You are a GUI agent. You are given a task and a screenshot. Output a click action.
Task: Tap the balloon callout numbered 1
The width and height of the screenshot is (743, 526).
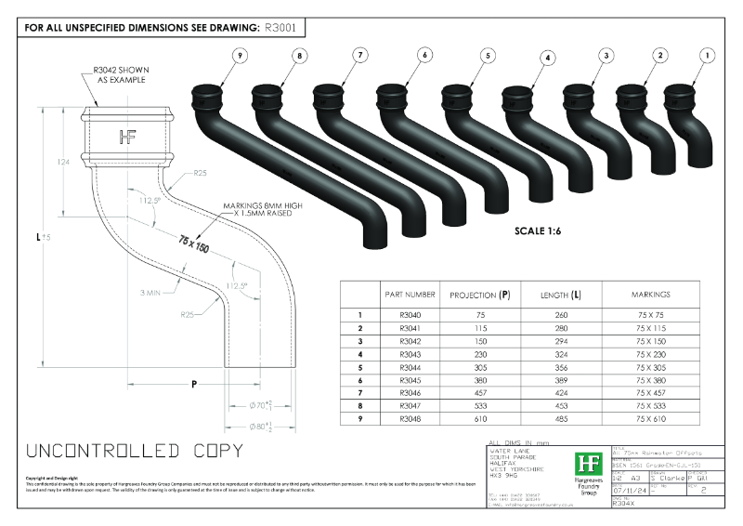pyautogui.click(x=708, y=56)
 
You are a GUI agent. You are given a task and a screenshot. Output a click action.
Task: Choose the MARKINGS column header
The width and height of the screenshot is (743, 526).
pyautogui.click(x=650, y=295)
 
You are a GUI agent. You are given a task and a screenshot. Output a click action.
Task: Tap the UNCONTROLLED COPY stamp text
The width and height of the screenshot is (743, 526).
pyautogui.click(x=136, y=452)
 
